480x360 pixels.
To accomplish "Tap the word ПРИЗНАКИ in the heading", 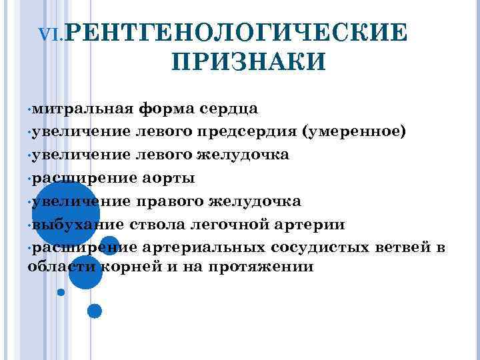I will [x=249, y=62].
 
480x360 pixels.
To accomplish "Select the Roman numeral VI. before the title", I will [x=53, y=34].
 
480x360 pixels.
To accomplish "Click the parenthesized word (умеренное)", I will [x=353, y=131].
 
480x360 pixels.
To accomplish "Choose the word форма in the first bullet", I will [x=165, y=108].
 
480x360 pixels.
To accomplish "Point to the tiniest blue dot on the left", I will [x=61, y=291].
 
